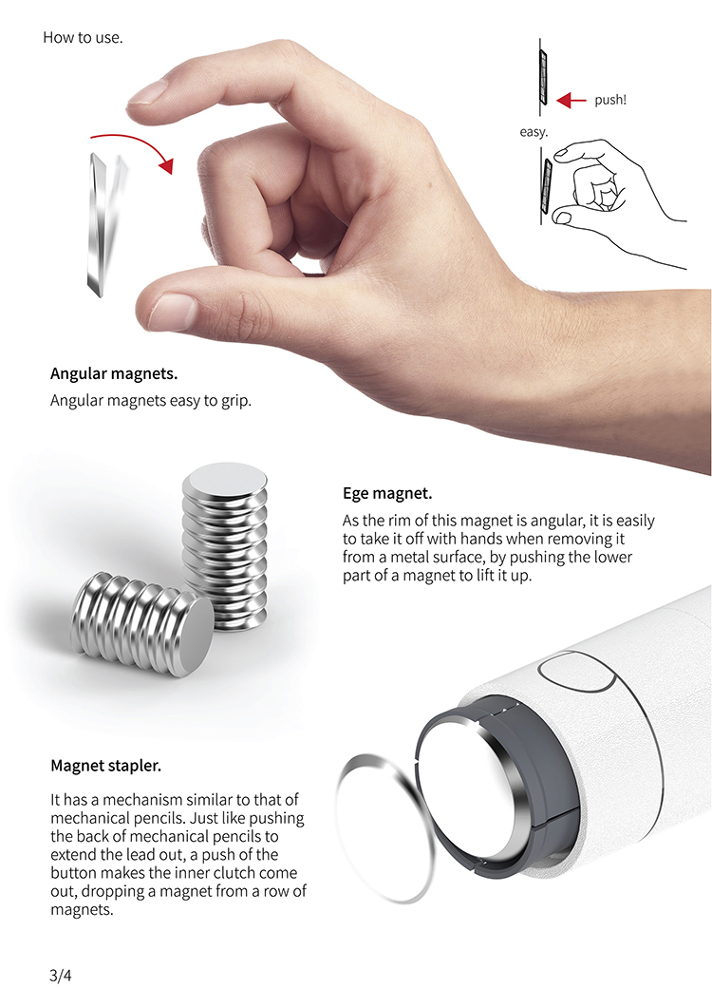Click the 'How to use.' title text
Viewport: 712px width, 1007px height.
(x=83, y=38)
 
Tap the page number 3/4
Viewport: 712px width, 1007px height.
(x=61, y=976)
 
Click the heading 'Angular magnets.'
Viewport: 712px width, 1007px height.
(x=114, y=373)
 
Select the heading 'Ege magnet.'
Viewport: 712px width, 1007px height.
(x=387, y=493)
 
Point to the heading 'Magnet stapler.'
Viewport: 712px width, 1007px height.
(x=106, y=766)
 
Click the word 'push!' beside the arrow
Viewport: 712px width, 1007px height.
(x=609, y=100)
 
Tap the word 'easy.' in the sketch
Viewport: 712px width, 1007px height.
(x=534, y=132)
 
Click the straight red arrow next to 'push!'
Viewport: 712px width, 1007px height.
(x=571, y=100)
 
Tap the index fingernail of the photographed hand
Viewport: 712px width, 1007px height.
(x=147, y=93)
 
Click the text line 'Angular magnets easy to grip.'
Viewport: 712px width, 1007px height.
(x=151, y=401)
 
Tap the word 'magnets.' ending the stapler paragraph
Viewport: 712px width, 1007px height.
(x=83, y=910)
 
